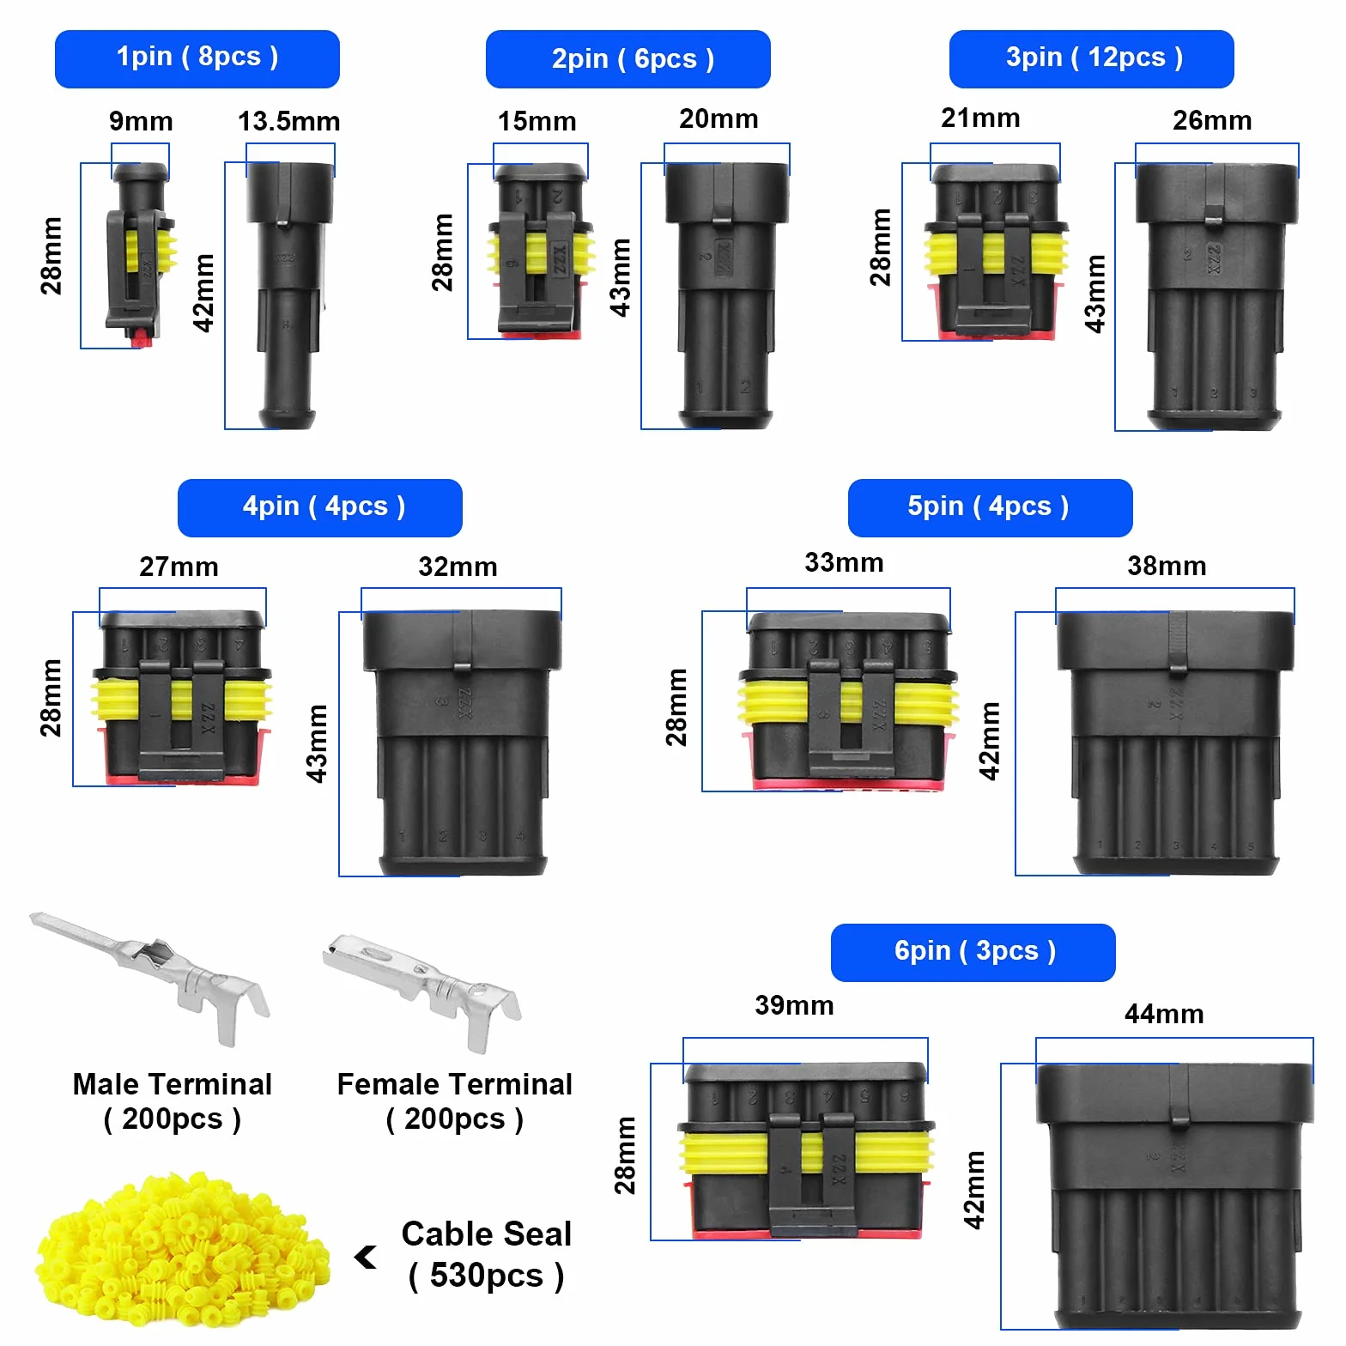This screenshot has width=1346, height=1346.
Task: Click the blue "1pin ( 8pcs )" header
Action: [x=197, y=58]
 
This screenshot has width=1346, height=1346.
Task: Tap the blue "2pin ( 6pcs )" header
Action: [x=628, y=58]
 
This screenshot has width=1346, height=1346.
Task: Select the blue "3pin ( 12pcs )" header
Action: [x=1092, y=58]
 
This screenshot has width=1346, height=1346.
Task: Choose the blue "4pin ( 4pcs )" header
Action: [x=320, y=507]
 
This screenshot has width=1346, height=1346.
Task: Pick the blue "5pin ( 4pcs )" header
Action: [x=991, y=507]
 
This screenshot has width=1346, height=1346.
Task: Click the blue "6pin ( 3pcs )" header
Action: [x=973, y=952]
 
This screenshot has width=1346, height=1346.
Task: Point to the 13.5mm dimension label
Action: [x=288, y=121]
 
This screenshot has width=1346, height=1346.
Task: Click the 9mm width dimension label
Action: [x=141, y=121]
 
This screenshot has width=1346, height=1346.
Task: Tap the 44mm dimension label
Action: [x=1164, y=1014]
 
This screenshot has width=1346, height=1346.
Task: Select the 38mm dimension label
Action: [x=1167, y=566]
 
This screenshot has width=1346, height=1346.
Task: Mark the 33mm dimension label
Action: [x=844, y=562]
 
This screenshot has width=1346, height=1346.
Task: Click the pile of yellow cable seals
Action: [x=182, y=1250]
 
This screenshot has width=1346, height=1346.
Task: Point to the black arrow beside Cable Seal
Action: [x=366, y=1257]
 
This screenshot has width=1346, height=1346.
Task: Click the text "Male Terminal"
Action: [x=173, y=1084]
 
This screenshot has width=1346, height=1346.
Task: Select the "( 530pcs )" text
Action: [x=486, y=1276]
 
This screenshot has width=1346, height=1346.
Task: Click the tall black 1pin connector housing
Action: [x=288, y=295]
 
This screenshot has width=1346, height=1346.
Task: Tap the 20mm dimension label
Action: [x=718, y=118]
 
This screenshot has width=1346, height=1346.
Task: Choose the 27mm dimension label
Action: [x=179, y=567]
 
